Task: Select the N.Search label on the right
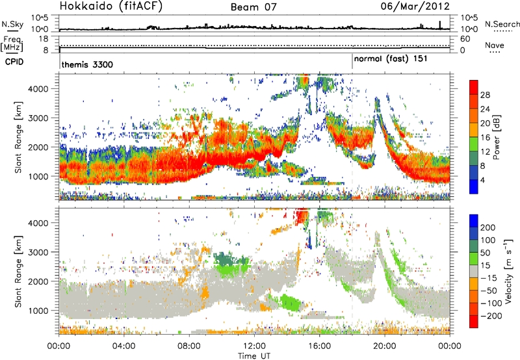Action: tap(499, 23)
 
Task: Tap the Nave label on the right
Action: tap(495, 45)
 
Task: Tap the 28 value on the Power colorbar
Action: tap(484, 94)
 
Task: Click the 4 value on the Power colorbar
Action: tap(482, 179)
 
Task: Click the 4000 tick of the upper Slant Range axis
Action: tap(45, 89)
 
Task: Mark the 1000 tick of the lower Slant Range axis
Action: tap(45, 309)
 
